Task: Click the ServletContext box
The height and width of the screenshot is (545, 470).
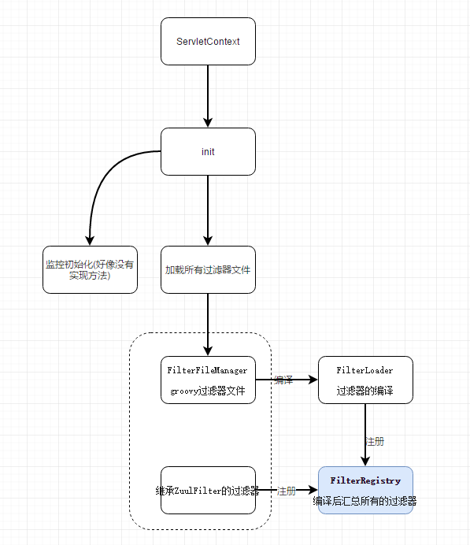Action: pos(208,42)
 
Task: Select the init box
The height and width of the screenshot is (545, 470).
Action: pos(208,151)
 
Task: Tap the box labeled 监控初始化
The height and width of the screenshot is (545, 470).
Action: pos(90,269)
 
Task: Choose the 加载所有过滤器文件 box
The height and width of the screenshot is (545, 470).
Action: pos(208,269)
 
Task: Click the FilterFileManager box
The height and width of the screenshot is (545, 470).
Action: pos(208,380)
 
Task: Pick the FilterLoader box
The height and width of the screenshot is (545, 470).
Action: pos(365,380)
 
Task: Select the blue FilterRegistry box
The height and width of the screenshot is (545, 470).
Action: pos(365,490)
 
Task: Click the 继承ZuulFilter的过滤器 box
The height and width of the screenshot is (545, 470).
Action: pos(208,490)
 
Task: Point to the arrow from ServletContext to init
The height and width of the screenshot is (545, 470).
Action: pos(208,96)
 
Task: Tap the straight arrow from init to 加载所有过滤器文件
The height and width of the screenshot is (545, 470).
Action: pos(208,210)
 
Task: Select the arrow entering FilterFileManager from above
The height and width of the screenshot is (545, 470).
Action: pos(208,324)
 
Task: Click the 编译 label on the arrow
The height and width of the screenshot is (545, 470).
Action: pos(283,380)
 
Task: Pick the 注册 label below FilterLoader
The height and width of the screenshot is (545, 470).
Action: pos(375,441)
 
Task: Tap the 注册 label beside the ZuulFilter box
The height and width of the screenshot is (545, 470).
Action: pos(287,491)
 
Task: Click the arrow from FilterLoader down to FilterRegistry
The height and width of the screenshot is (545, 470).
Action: pos(365,435)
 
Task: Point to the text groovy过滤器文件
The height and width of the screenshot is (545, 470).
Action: pos(208,391)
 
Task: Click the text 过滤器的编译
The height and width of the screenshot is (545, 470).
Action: pos(365,391)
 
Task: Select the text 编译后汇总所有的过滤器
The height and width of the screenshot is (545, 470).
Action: pos(365,501)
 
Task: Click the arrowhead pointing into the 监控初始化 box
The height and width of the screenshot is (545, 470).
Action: pos(90,240)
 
